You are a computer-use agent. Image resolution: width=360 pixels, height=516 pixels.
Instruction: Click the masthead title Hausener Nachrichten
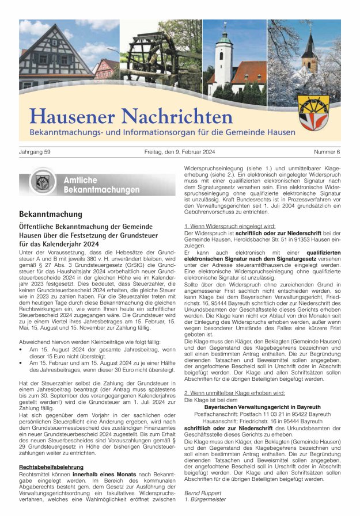click(131, 116)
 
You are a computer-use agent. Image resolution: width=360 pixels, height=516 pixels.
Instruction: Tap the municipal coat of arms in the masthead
click(313, 113)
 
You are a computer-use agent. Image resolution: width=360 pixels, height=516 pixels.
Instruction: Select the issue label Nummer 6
click(327, 152)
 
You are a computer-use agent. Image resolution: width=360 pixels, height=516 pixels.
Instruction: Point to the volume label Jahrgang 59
click(35, 152)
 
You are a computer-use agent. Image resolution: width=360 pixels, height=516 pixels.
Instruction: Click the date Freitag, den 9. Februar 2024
click(180, 152)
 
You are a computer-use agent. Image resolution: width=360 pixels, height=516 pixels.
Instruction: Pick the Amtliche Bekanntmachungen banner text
click(101, 185)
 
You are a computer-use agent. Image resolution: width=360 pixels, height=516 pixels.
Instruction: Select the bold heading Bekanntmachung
click(50, 214)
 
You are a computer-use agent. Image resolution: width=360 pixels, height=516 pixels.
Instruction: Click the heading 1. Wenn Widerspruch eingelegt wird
click(229, 227)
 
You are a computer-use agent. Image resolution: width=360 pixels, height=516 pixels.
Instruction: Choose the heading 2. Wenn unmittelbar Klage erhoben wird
click(234, 392)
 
